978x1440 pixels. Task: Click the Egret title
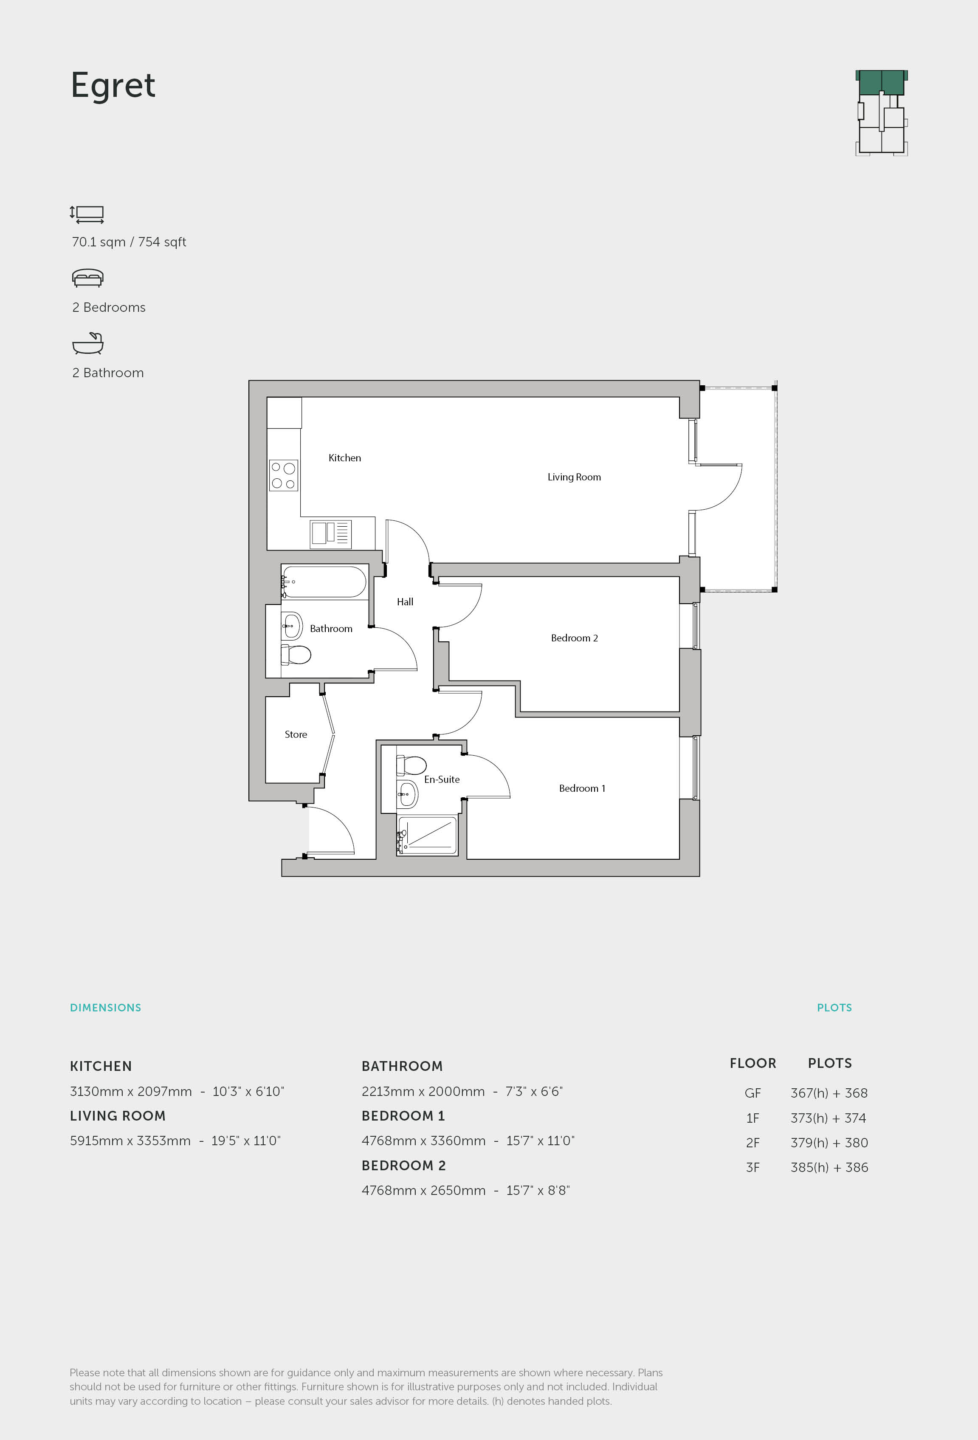click(x=113, y=85)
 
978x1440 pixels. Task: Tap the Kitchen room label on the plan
click(x=344, y=458)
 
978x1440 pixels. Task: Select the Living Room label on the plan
click(x=574, y=477)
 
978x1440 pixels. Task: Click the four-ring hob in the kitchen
click(x=284, y=476)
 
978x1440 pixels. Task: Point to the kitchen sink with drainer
click(x=331, y=534)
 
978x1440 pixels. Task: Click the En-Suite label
click(x=442, y=779)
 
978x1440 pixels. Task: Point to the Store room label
click(x=296, y=734)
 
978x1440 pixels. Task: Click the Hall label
click(x=405, y=601)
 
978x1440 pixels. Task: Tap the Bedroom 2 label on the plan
click(x=574, y=638)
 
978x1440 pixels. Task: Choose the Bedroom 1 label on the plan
click(x=582, y=788)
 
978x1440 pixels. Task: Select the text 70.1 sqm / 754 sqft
click(x=129, y=242)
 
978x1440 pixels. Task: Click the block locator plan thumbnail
click(x=881, y=112)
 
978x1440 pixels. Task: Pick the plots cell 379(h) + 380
click(x=829, y=1143)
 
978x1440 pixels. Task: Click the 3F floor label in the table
click(x=753, y=1167)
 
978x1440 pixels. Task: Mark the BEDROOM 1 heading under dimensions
click(x=403, y=1116)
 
